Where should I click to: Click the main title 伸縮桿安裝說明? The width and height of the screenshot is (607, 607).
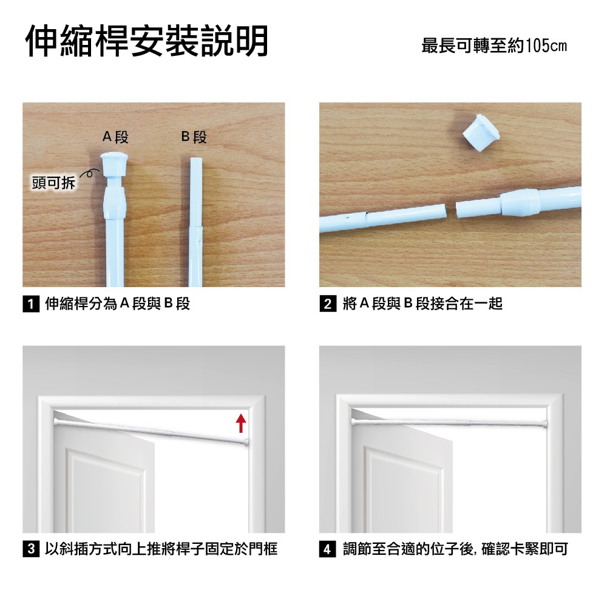tap(147, 41)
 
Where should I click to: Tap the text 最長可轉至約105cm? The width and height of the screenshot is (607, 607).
tap(494, 46)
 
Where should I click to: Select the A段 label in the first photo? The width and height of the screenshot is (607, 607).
tap(115, 137)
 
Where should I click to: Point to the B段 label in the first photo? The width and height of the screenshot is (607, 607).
tap(194, 137)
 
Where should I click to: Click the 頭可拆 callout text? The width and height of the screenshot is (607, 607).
tap(53, 182)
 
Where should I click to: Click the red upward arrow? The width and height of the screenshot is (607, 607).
tap(241, 422)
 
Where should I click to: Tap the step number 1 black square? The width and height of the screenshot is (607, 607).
tap(31, 304)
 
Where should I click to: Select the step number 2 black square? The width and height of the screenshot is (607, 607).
tap(328, 304)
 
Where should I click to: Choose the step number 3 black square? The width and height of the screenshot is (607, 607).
tap(31, 549)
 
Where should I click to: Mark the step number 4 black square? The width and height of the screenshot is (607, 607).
tap(328, 549)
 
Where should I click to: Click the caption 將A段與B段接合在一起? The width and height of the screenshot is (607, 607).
tap(422, 303)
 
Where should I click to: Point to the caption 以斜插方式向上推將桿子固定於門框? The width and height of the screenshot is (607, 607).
tap(161, 549)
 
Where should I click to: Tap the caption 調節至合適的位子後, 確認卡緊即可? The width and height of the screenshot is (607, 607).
tap(455, 549)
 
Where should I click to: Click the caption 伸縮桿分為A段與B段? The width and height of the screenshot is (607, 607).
tap(117, 303)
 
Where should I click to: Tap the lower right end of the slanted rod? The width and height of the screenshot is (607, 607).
tap(247, 441)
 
